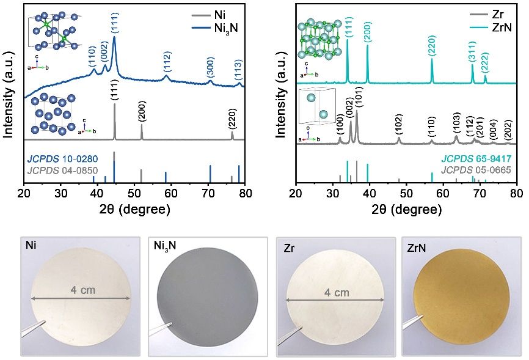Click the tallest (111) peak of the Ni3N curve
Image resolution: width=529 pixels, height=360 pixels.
tap(114, 38)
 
